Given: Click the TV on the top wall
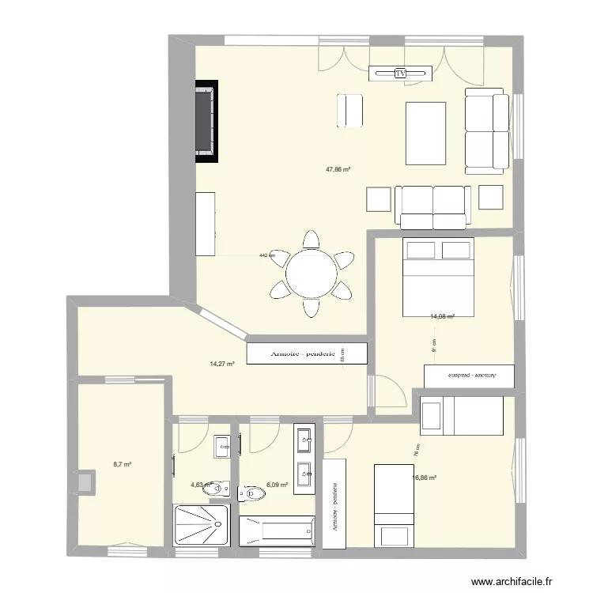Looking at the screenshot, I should tap(401, 73).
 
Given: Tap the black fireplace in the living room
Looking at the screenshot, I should tap(206, 121).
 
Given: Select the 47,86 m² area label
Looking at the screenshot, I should tap(338, 168).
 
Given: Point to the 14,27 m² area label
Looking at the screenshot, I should tap(222, 364).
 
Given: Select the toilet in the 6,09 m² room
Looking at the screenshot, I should tap(252, 493).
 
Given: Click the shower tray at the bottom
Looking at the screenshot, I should tap(201, 526).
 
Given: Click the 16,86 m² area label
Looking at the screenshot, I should tap(425, 478).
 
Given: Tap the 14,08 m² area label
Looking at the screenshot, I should tap(442, 316).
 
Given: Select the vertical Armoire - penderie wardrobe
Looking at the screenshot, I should tap(334, 503).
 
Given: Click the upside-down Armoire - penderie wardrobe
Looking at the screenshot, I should tap(470, 375).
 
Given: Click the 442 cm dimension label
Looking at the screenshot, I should tap(267, 255).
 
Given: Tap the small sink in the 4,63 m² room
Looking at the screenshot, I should tap(222, 447).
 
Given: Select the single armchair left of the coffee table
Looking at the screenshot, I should tap(349, 111).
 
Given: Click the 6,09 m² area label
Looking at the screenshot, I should tap(278, 485).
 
